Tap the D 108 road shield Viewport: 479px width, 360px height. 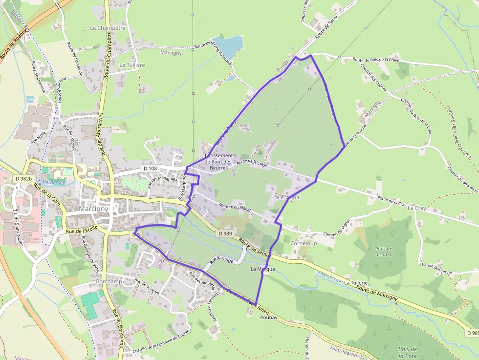click(151, 169)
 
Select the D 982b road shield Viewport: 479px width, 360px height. click(23, 179)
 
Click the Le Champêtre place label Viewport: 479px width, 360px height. click(108, 28)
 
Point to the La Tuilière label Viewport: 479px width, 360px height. click(132, 64)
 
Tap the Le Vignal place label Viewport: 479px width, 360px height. click(289, 197)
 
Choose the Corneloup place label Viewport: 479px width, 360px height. click(304, 243)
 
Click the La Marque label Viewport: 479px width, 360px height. click(262, 269)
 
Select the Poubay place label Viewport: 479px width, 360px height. click(268, 318)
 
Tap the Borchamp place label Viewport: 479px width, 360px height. click(109, 282)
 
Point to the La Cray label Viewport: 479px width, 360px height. click(417, 208)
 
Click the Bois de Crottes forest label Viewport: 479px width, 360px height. click(384, 252)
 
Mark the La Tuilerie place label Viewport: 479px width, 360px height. click(355, 283)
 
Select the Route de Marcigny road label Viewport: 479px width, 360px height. click(377, 293)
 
